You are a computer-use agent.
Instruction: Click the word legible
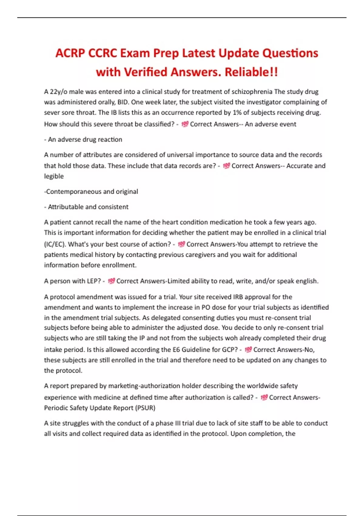pyautogui.click(x=54, y=176)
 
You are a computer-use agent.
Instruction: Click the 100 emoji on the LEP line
pyautogui.click(x=111, y=281)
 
